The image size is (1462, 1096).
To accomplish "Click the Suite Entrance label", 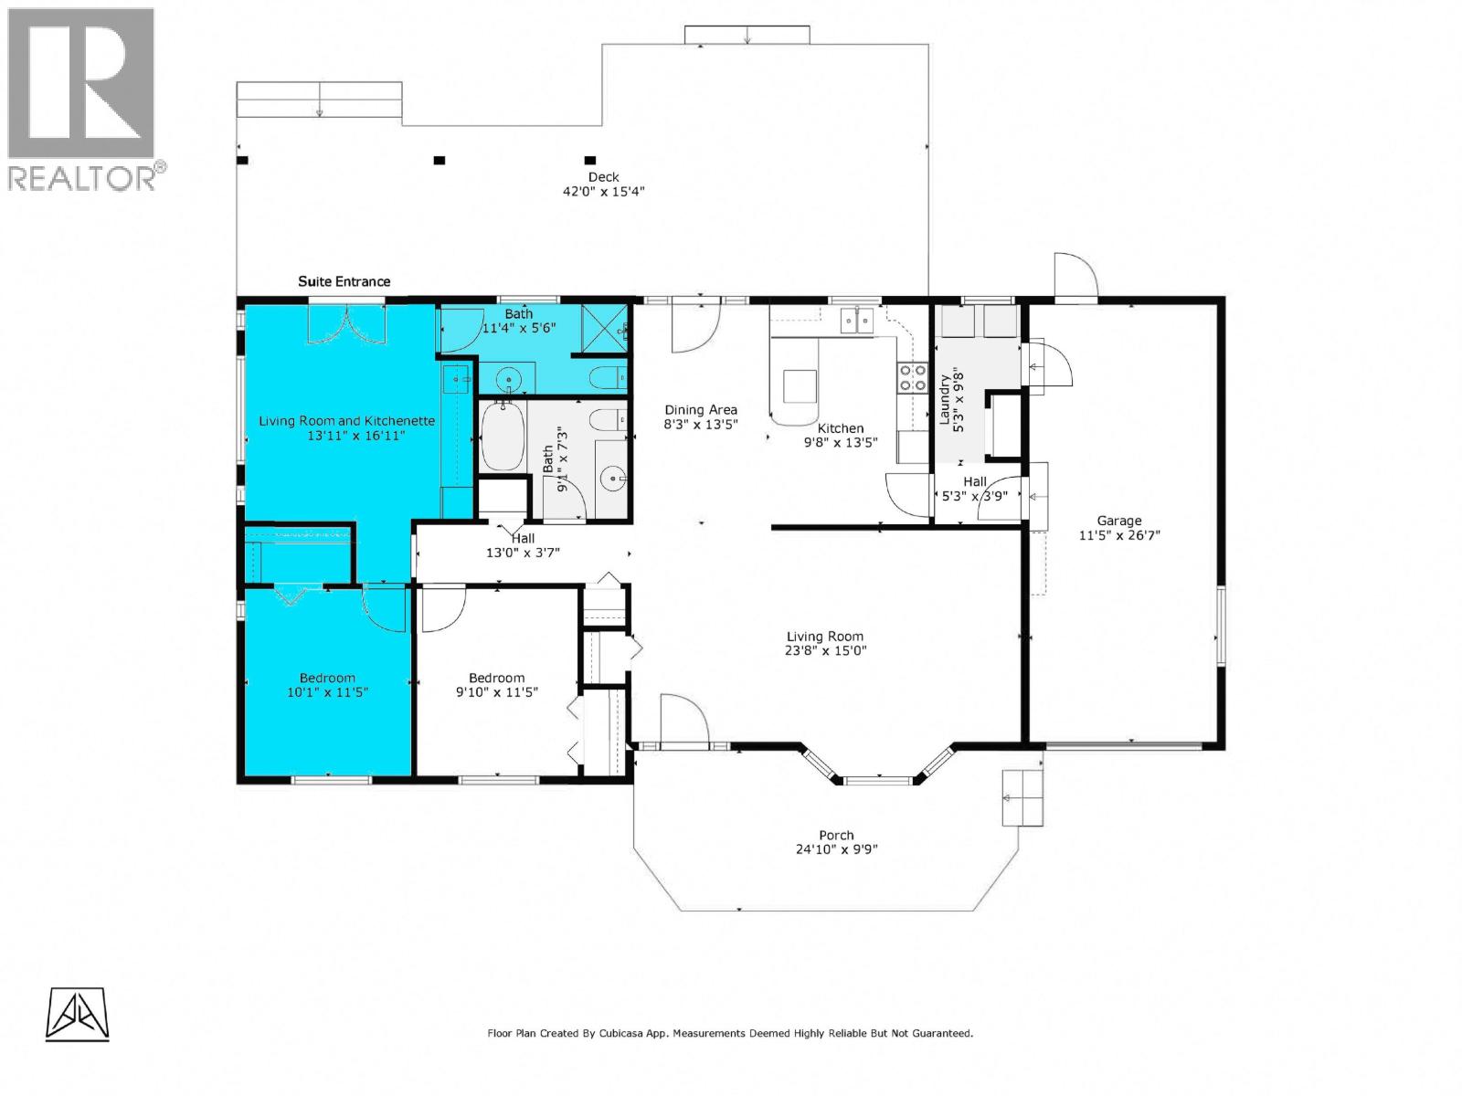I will [x=344, y=281].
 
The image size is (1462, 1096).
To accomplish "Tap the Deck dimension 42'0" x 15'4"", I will [x=604, y=192].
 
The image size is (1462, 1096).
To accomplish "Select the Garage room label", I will [x=1119, y=521].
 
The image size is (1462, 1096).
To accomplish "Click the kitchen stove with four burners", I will [x=911, y=377].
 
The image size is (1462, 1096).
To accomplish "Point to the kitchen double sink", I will [x=857, y=320].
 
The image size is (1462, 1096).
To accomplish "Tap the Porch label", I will [x=836, y=835].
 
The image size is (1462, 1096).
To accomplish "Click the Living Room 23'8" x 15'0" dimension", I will [x=825, y=651].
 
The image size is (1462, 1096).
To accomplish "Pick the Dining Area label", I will [x=700, y=410].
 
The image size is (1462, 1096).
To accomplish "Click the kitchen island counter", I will [x=799, y=385].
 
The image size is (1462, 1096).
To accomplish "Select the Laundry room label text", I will [x=945, y=399].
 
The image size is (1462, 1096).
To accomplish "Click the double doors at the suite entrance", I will [x=346, y=324].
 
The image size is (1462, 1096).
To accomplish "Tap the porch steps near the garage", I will [x=1022, y=797].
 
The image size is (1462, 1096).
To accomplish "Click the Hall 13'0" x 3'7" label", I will [x=523, y=545].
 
